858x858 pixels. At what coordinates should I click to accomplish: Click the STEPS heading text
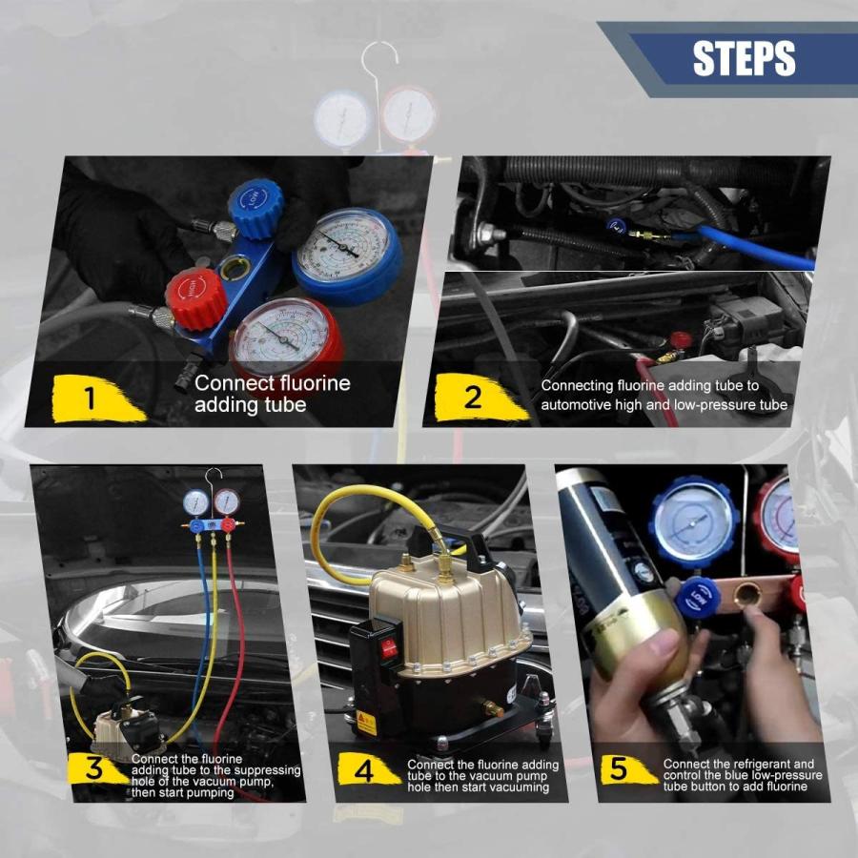[x=744, y=57]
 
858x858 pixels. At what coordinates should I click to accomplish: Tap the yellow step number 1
[x=91, y=398]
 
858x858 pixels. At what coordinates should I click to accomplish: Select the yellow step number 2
[x=473, y=397]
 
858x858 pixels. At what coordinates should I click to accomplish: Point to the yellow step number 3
[x=94, y=768]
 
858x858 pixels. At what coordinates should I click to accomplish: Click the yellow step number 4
[x=364, y=770]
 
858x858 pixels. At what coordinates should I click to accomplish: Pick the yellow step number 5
[x=619, y=769]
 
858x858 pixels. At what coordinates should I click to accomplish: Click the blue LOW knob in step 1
[x=255, y=208]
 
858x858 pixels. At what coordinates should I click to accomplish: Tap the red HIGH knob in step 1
[x=195, y=300]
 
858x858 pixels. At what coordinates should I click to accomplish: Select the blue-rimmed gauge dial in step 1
[x=346, y=255]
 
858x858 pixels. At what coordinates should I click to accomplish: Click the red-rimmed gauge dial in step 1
[x=284, y=341]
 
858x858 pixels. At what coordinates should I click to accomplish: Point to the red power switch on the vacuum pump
[x=390, y=647]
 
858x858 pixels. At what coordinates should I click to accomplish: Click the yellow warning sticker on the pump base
[x=366, y=724]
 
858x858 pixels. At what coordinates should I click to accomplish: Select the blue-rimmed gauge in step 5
[x=694, y=522]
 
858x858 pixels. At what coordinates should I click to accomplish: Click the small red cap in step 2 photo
[x=680, y=339]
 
